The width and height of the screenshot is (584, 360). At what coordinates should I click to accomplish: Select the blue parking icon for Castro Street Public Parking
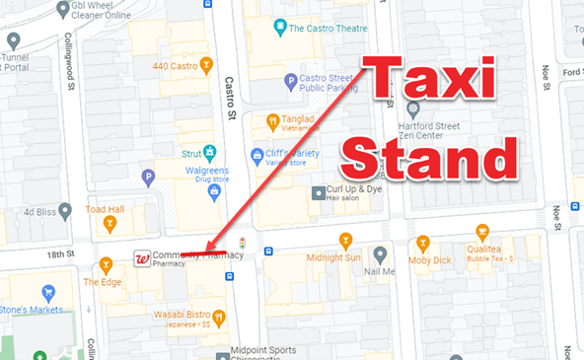tap(290, 81)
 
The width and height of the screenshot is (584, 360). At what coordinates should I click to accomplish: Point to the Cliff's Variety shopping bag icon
tap(257, 155)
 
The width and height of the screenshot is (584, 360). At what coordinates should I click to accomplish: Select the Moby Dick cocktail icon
tap(423, 242)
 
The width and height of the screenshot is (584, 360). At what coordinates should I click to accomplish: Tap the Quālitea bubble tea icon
tap(482, 232)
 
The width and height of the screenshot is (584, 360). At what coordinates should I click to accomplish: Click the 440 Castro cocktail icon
tap(206, 66)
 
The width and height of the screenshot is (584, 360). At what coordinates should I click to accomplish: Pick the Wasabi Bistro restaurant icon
tap(219, 318)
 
